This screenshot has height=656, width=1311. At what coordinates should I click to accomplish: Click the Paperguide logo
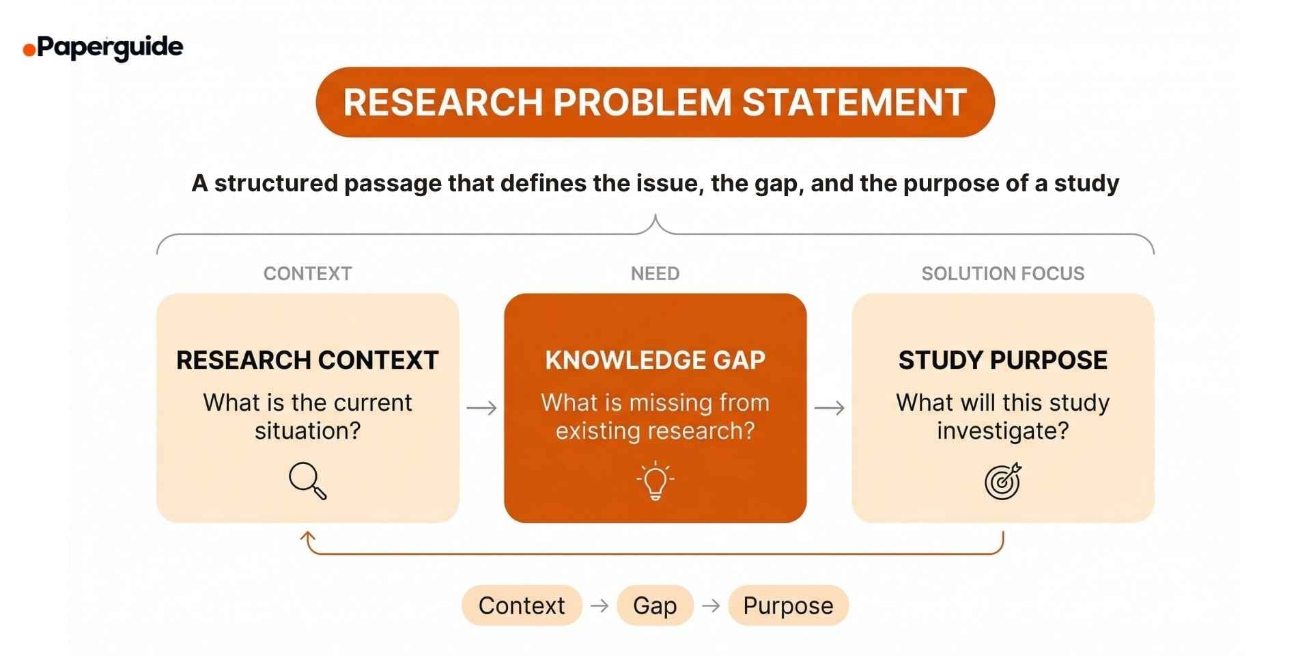click(x=104, y=48)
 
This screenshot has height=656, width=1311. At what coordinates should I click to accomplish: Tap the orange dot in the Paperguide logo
click(x=29, y=50)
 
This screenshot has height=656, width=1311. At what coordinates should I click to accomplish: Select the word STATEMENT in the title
click(x=854, y=102)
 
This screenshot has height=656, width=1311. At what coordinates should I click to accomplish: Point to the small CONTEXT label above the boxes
click(x=307, y=274)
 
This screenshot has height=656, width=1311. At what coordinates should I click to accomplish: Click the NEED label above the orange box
click(x=655, y=274)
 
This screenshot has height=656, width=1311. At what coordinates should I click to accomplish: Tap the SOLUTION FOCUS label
click(x=1002, y=274)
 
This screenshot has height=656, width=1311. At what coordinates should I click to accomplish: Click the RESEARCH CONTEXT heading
click(x=307, y=360)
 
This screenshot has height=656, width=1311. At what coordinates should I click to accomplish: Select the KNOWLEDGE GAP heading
click(x=655, y=360)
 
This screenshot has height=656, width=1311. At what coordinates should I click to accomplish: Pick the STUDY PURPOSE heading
click(x=1002, y=360)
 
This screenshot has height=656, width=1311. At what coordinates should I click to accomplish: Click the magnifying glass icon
click(x=307, y=481)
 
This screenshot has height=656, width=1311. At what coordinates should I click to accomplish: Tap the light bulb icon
click(x=655, y=480)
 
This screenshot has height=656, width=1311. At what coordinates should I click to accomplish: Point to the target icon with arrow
click(x=1002, y=481)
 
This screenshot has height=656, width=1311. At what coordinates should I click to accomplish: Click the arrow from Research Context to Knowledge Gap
click(x=481, y=409)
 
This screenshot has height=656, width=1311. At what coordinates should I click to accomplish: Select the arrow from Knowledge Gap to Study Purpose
click(x=830, y=409)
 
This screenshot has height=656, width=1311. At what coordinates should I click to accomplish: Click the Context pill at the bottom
click(x=522, y=605)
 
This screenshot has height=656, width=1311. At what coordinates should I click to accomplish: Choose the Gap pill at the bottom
click(x=655, y=605)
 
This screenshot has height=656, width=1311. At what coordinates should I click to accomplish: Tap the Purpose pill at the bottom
click(x=788, y=605)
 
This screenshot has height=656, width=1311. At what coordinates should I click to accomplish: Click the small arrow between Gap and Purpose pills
click(x=711, y=605)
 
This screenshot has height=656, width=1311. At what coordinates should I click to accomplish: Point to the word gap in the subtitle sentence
click(x=777, y=184)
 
